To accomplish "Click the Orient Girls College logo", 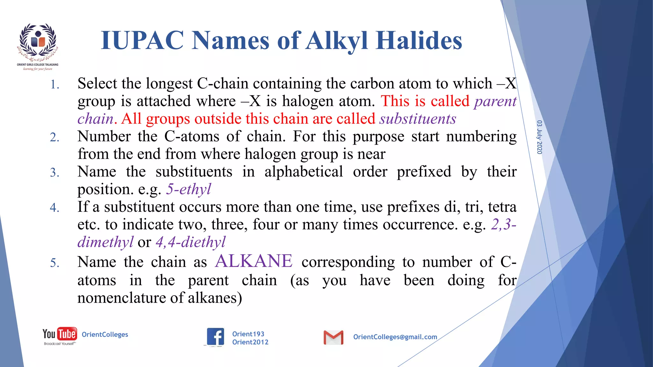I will (38, 46).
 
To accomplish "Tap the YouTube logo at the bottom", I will (60, 335).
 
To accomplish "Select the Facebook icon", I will (216, 337).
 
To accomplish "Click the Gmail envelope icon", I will (333, 337).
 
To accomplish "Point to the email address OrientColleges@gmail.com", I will (395, 337).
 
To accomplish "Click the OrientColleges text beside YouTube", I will (105, 335).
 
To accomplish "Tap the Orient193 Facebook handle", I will (248, 334).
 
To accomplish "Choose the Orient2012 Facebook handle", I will (250, 342).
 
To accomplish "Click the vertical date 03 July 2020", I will (539, 137).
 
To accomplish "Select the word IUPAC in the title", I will (142, 40).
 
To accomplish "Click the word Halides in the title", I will (419, 40).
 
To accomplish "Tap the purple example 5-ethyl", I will (188, 189).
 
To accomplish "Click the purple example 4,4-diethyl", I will (190, 242).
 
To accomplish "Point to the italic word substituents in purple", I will (418, 119).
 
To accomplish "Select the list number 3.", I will (55, 173).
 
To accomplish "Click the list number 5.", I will (55, 263).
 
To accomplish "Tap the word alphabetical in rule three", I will (304, 172).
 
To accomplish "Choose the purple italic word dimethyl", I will (106, 242).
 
